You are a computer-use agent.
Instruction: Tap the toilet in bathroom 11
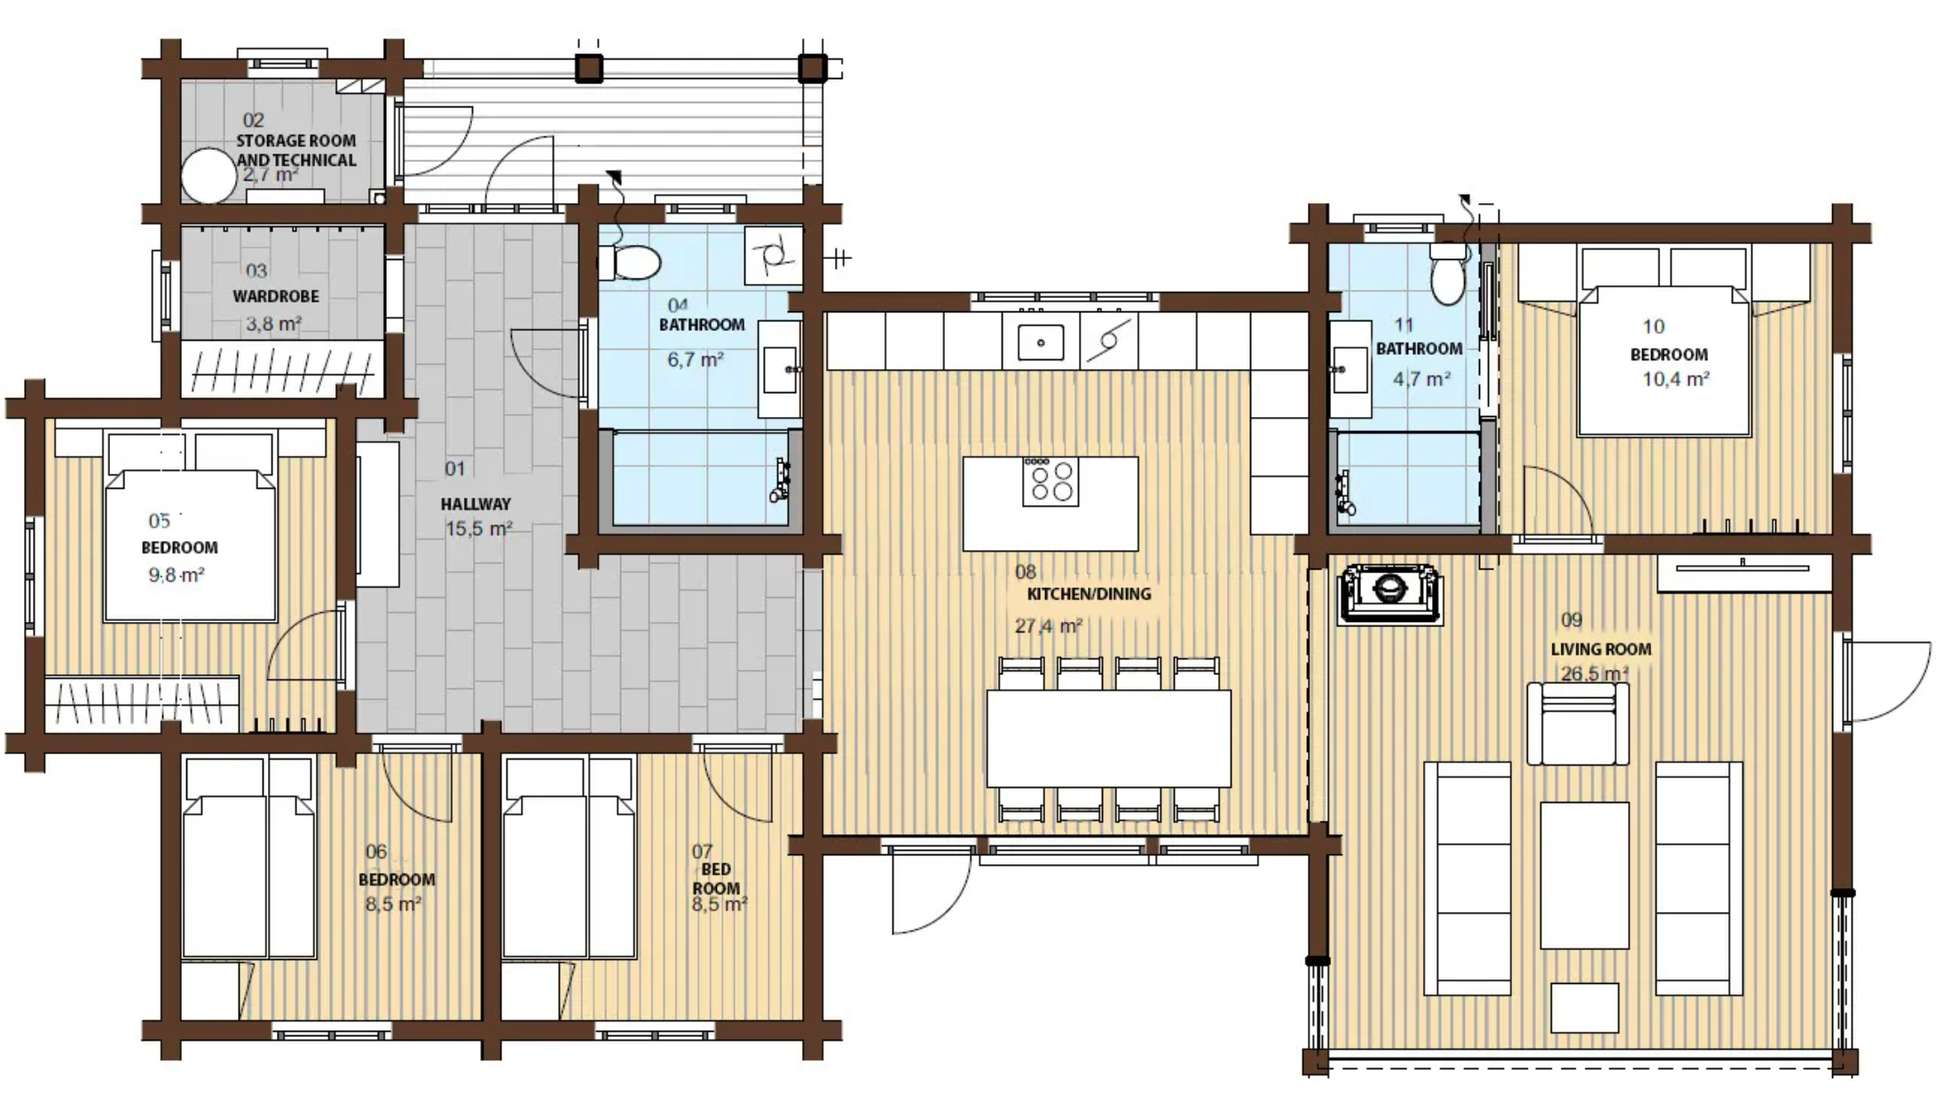(1448, 273)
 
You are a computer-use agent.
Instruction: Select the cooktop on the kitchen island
(1051, 482)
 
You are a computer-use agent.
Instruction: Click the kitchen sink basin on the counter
(1041, 342)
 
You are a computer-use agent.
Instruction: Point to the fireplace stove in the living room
(1389, 591)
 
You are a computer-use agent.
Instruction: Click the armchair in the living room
(1578, 724)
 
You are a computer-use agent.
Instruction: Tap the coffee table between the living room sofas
(1585, 876)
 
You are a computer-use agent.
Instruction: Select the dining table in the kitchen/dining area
(1109, 738)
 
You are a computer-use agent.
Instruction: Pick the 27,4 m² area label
(1049, 626)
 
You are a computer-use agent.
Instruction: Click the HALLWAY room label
(476, 504)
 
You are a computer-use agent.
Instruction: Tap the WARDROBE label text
(276, 296)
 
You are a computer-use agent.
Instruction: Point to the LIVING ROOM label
(1602, 649)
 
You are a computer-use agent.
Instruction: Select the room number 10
(1653, 326)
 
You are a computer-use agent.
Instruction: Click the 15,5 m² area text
(479, 530)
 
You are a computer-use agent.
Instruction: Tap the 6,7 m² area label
(696, 360)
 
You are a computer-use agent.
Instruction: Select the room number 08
(1026, 572)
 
